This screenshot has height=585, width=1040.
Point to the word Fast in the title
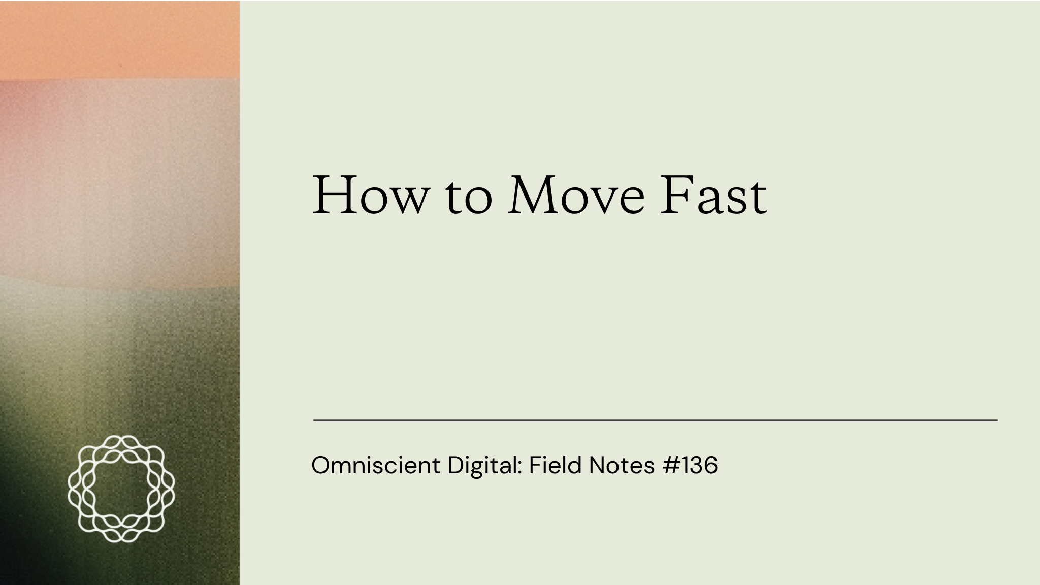pos(713,196)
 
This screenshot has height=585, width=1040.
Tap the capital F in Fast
pos(676,196)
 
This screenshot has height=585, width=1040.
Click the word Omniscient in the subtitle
pos(376,465)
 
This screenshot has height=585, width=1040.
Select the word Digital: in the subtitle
pos(485,467)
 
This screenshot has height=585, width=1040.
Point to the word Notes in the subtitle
pos(622,465)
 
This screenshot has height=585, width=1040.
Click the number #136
pos(690,465)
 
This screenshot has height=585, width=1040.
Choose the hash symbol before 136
pos(670,465)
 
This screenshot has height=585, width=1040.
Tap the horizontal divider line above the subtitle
pos(656,420)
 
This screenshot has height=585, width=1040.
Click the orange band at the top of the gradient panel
pos(120,40)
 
